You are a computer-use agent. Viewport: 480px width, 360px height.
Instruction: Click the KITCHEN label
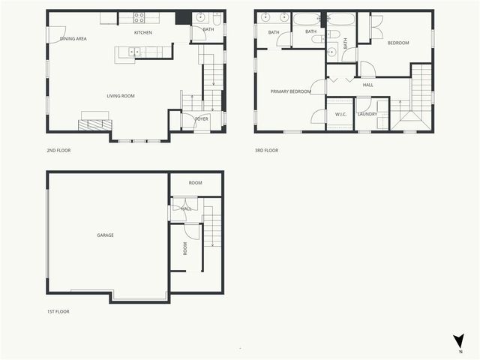143,33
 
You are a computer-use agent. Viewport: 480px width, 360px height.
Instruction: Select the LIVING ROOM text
120,96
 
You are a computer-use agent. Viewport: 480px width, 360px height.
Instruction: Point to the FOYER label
202,118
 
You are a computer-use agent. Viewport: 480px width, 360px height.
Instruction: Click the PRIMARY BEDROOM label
290,91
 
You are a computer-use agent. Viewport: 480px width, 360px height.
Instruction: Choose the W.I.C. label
340,114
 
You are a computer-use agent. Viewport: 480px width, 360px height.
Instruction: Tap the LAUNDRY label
367,114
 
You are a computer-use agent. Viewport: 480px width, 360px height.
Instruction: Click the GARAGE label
105,235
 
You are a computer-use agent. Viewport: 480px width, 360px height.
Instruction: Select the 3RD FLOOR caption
266,150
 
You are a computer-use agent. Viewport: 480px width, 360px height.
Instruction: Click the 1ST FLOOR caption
58,311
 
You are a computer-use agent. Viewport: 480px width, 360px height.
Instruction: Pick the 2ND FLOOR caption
58,150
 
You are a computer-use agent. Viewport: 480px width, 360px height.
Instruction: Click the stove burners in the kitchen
139,16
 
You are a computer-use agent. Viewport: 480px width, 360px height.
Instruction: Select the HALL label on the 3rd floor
367,85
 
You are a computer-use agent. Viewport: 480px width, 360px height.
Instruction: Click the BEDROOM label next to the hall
398,43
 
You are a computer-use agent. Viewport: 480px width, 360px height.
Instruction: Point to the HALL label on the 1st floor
186,208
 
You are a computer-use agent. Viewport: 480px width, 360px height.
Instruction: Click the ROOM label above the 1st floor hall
195,183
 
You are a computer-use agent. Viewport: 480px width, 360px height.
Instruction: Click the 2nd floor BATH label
208,29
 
